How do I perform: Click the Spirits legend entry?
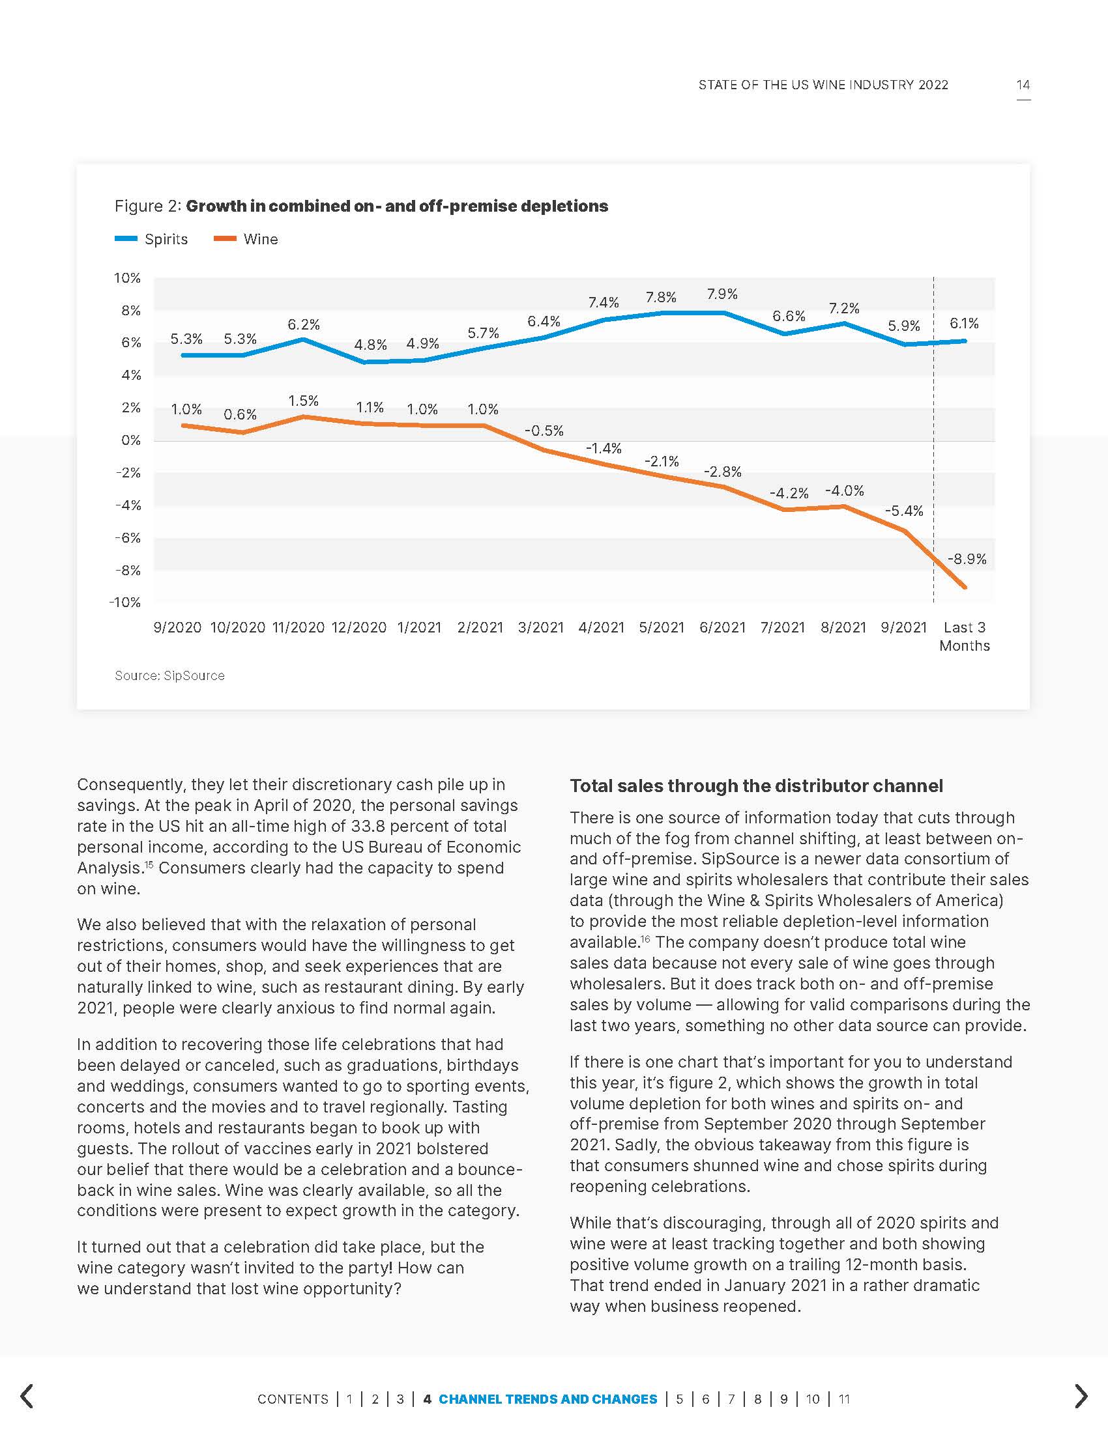152,239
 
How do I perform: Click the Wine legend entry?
246,239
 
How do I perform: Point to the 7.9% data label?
722,294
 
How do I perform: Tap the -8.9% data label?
967,559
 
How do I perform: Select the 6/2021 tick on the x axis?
722,627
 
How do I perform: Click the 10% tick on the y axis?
127,277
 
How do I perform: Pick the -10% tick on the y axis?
124,603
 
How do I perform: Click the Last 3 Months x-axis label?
964,636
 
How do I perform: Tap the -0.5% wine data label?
544,431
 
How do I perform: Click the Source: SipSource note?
169,675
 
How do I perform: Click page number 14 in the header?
1023,85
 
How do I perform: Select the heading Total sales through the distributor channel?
756,786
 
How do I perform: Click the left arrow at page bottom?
27,1397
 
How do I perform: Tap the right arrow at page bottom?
1081,1397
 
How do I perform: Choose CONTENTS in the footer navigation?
293,1399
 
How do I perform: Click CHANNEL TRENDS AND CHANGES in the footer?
547,1399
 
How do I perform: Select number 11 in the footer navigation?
844,1399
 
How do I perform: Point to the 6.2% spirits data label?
304,324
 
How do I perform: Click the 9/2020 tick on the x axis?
177,627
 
